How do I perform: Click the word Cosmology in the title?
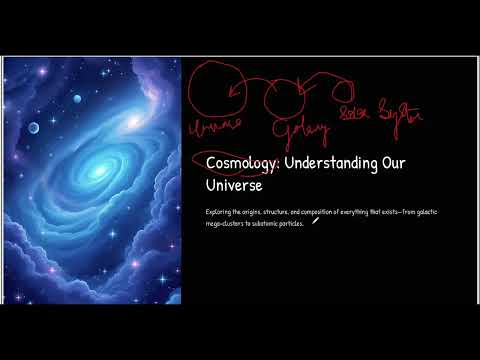pyautogui.click(x=238, y=163)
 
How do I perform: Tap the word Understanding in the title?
pyautogui.click(x=323, y=163)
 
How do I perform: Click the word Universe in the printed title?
pyautogui.click(x=233, y=186)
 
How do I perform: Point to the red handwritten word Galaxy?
pyautogui.click(x=297, y=130)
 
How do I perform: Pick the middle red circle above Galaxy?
pyautogui.click(x=284, y=96)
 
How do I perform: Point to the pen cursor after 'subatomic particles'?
pyautogui.click(x=316, y=221)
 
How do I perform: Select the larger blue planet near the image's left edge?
pyautogui.click(x=33, y=127)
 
